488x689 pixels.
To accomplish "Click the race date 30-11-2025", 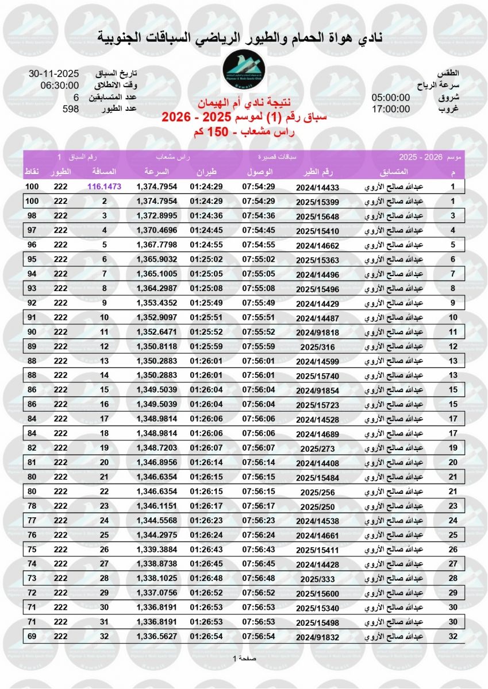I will point(53,74).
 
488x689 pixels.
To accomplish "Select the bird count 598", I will point(71,109).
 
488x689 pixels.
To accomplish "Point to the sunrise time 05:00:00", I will point(390,98).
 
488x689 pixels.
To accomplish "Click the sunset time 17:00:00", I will point(390,109).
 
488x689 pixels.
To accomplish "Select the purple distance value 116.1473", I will point(105,187).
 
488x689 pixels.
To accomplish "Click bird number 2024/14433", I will point(318,187).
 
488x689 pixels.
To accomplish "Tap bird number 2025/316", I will point(318,346).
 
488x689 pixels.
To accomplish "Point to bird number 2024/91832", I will point(318,637).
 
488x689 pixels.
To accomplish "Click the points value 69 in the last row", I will point(32,636).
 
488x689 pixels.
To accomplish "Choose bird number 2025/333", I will point(318,579).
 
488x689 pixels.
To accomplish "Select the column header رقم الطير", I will point(318,172).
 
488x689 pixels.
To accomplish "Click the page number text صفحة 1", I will point(244,658).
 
